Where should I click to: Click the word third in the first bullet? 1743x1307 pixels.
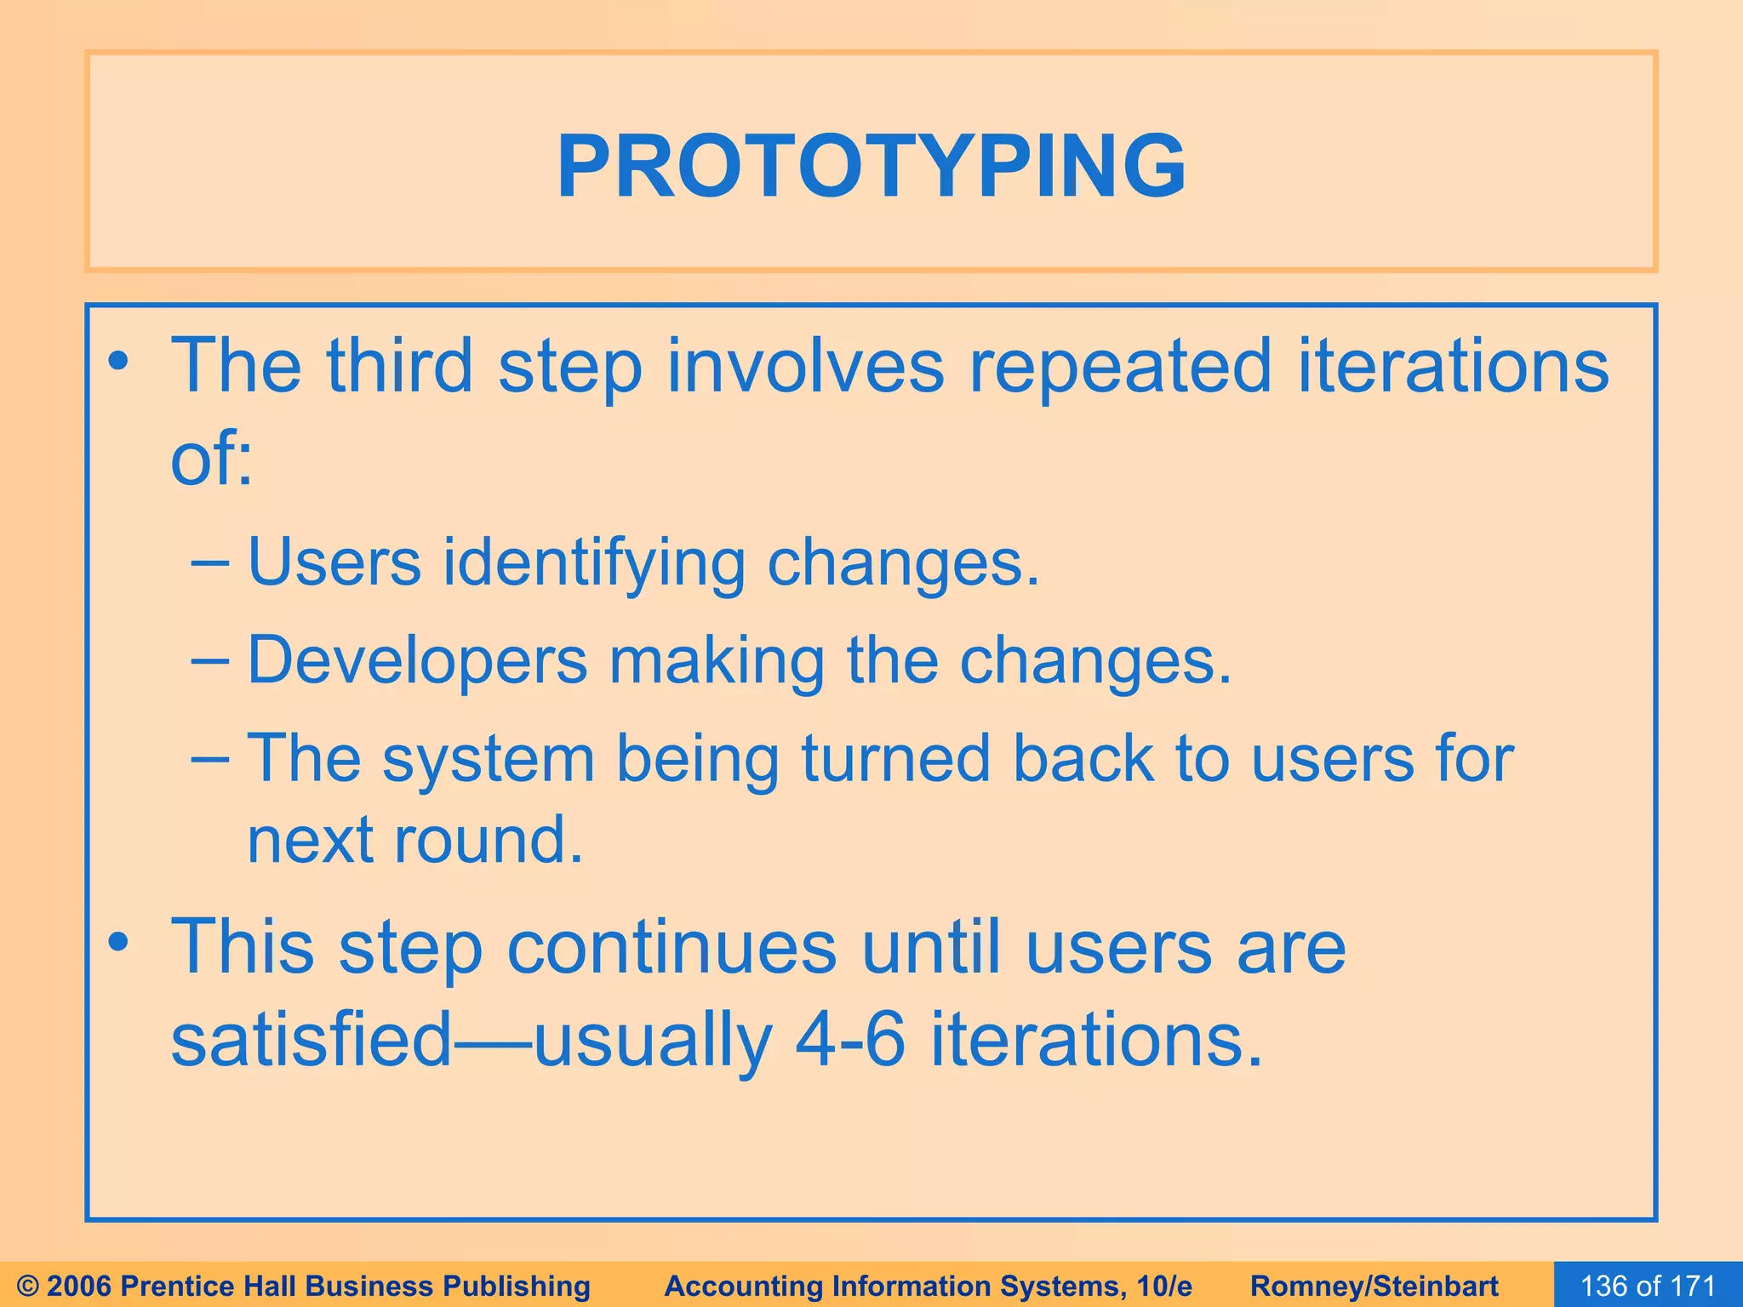coord(399,366)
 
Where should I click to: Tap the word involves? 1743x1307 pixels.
coord(805,366)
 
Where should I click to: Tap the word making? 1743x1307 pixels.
coord(716,662)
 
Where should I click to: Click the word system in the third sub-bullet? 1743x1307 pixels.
coord(488,760)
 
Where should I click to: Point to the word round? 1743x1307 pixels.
coord(489,840)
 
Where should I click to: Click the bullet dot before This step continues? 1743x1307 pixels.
coord(118,943)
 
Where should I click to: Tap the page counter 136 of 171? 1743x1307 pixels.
coord(1648,1285)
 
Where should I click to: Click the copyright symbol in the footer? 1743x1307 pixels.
coord(29,1286)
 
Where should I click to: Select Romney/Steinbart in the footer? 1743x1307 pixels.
coord(1374,1286)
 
